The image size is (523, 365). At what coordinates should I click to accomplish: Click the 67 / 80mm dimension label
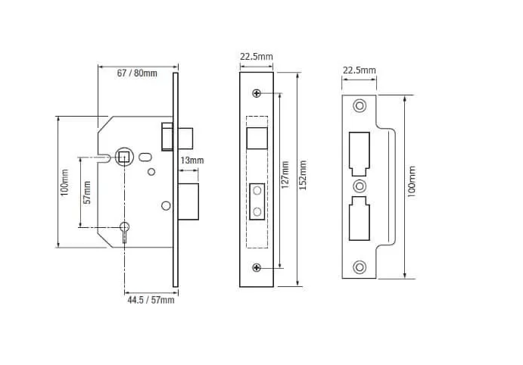[x=137, y=73]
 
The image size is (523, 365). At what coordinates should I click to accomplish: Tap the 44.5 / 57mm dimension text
[x=151, y=301]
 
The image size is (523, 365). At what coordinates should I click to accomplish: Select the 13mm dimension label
[x=191, y=161]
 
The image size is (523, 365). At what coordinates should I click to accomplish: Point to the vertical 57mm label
[x=87, y=192]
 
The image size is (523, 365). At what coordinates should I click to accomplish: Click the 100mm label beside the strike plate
[x=412, y=187]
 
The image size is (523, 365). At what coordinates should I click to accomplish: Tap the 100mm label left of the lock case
[x=65, y=182]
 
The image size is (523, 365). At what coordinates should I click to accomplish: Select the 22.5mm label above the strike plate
[x=360, y=70]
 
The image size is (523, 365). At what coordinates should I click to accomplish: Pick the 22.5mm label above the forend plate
[x=257, y=56]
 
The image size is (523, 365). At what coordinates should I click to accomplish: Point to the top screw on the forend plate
[x=257, y=93]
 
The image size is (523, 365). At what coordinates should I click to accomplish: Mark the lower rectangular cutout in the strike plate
[x=360, y=220]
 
